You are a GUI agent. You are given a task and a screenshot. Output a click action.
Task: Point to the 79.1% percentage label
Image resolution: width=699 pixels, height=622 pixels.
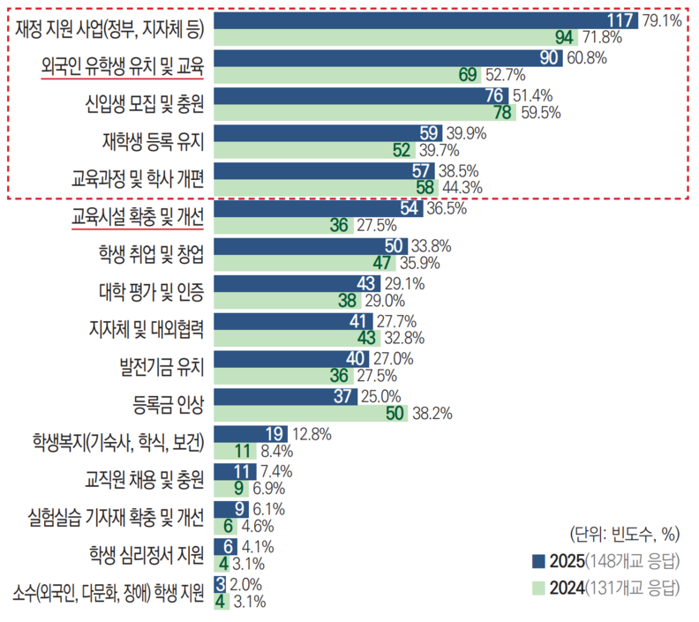[x=663, y=19]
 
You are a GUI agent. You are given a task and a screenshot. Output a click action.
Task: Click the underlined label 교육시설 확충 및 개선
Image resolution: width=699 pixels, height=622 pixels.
[x=138, y=217]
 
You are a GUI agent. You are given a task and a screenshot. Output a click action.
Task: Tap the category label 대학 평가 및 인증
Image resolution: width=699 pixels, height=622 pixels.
[x=151, y=292]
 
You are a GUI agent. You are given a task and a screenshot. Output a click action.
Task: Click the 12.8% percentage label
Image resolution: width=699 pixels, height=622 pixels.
[x=312, y=433]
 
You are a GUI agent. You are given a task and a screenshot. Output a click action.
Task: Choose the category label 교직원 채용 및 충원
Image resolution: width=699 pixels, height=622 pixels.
[x=145, y=481]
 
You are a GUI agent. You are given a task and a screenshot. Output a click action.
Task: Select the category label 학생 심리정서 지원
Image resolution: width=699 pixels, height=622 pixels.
[x=147, y=555]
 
